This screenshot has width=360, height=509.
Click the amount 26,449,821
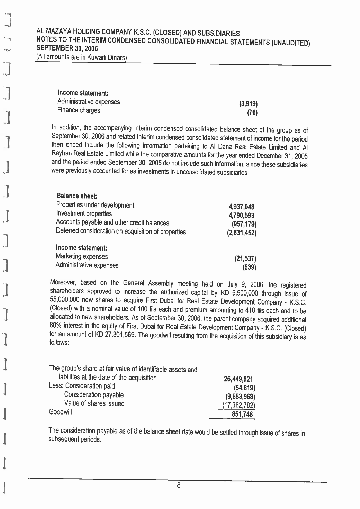239,379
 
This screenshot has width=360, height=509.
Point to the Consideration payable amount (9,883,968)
240,396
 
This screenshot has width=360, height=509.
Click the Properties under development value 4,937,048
242,207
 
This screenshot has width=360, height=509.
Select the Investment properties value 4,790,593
242,216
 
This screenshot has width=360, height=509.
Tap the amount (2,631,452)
242,233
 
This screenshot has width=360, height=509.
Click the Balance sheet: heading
74,196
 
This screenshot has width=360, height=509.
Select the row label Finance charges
79,110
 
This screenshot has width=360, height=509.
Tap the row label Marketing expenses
82,257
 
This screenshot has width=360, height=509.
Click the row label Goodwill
61,412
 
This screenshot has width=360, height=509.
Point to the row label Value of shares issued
94,403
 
